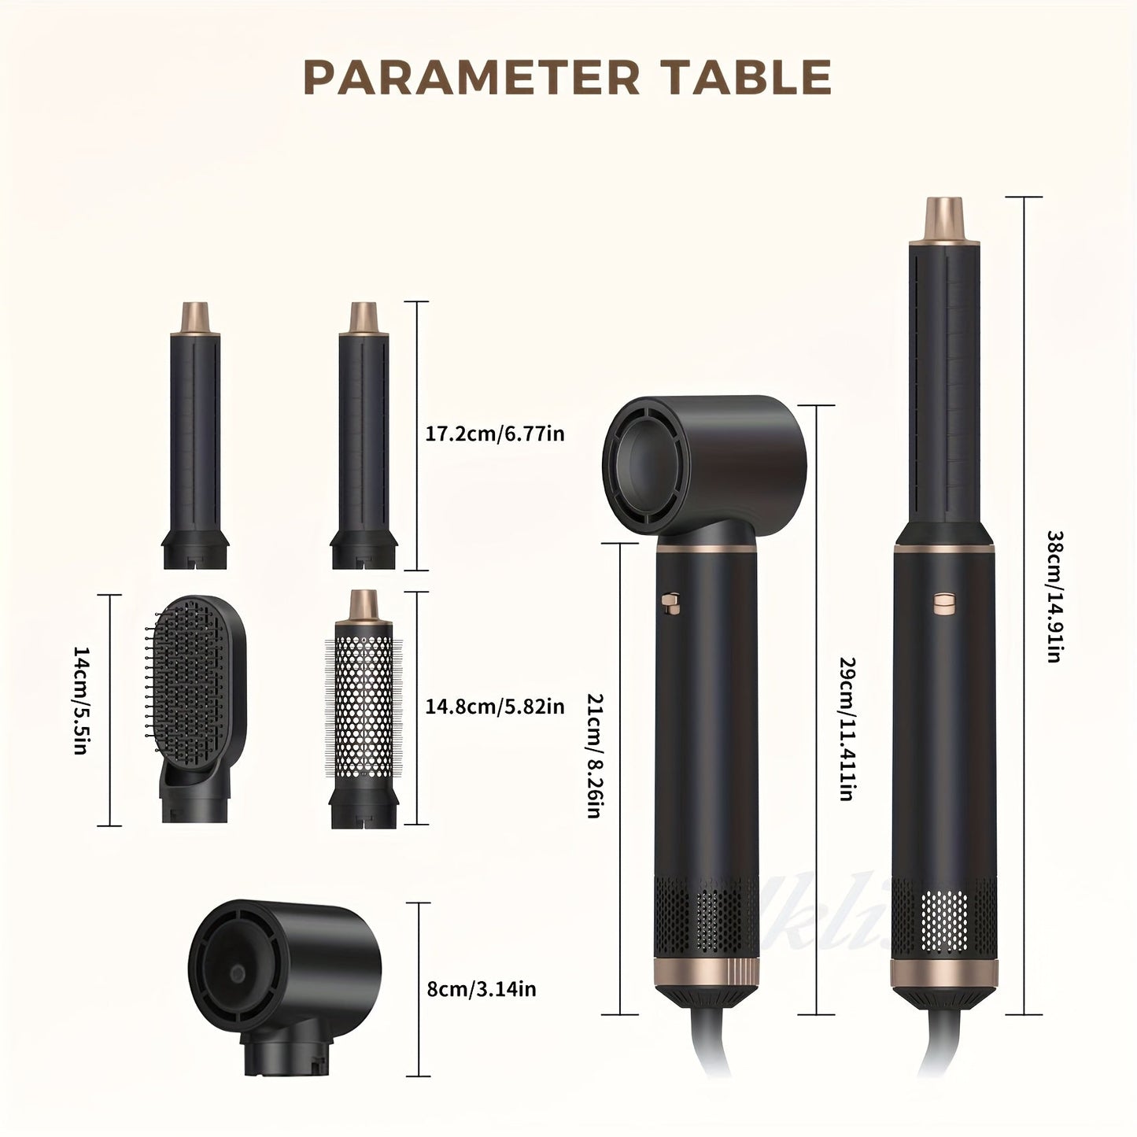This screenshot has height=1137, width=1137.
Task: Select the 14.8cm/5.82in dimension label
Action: (x=495, y=707)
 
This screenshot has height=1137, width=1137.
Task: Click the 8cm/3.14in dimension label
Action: (x=481, y=988)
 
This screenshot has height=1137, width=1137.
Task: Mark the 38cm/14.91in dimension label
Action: (x=1054, y=596)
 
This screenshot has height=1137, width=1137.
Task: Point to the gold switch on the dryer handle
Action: (x=670, y=602)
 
